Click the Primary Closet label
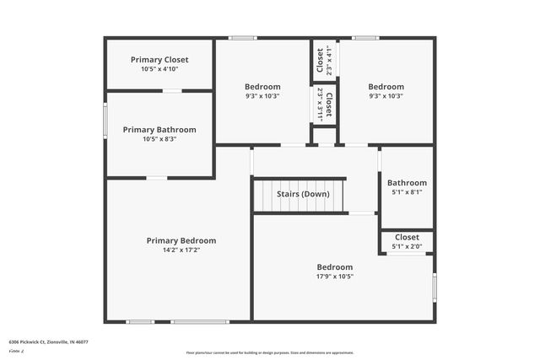click(x=159, y=60)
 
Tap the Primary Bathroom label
click(x=159, y=130)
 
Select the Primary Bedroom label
click(x=181, y=240)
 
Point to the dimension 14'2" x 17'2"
click(x=181, y=250)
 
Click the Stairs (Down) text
click(x=303, y=194)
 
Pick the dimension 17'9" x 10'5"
click(x=334, y=276)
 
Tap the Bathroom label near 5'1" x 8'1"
click(x=407, y=183)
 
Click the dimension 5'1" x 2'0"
click(x=407, y=247)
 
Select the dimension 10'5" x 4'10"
click(x=159, y=69)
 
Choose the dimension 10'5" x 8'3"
click(x=159, y=139)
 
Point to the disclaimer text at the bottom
click(x=270, y=352)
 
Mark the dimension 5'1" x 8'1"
click(x=407, y=192)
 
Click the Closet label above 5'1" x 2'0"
click(x=407, y=238)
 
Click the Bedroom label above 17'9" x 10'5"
click(x=334, y=266)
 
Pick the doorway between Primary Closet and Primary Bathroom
click(x=171, y=90)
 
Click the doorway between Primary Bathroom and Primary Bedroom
click(x=157, y=177)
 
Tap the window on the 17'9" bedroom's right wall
click(x=434, y=285)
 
